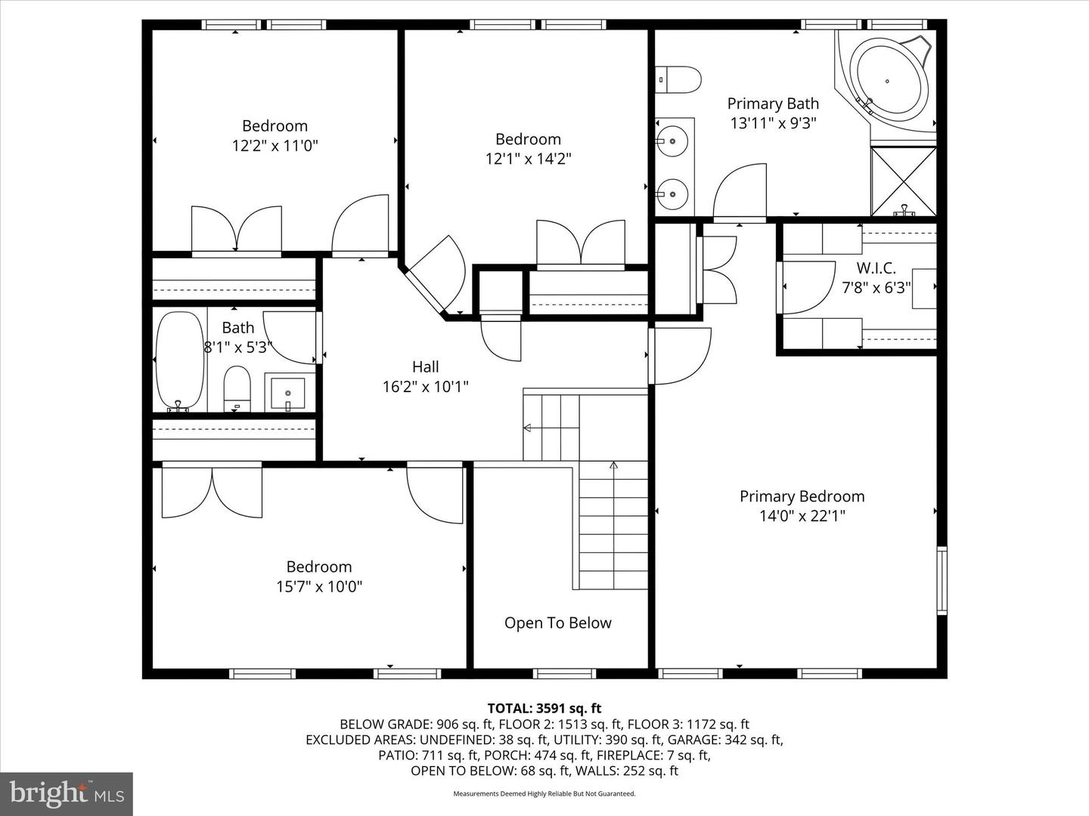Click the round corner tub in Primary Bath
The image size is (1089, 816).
click(x=888, y=82)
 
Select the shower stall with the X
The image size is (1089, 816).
click(x=904, y=181)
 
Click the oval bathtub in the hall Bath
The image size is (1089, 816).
click(x=179, y=361)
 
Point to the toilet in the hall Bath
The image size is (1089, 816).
click(x=237, y=388)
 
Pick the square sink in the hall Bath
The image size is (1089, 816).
click(x=288, y=392)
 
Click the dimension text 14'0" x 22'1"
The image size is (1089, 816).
click(x=802, y=516)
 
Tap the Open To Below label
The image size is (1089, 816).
click(x=557, y=623)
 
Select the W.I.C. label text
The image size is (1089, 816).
click(x=876, y=268)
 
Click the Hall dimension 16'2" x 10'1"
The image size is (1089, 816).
click(x=425, y=386)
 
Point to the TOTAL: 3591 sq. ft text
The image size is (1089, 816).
click(x=544, y=708)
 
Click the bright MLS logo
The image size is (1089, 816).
click(x=67, y=793)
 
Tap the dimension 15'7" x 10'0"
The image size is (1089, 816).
click(x=319, y=586)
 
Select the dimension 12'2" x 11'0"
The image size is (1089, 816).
click(x=275, y=146)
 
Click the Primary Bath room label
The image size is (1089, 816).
click(x=773, y=104)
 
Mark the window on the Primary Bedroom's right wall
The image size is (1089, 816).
click(x=942, y=581)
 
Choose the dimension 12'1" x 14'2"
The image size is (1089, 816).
click(x=528, y=159)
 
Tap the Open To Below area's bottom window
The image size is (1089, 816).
click(x=564, y=674)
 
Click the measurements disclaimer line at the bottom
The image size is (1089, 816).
click(x=544, y=793)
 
